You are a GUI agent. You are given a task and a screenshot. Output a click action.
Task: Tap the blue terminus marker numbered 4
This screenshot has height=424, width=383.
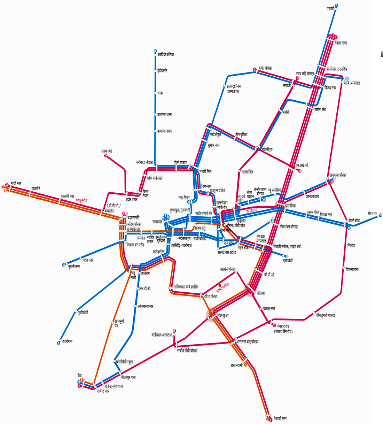pyautogui.click(x=337, y=6)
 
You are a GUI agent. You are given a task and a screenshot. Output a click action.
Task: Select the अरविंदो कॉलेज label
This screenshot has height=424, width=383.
pyautogui.click(x=165, y=55)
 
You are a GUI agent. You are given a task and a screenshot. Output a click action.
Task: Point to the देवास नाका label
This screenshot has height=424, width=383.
pyautogui.click(x=341, y=43)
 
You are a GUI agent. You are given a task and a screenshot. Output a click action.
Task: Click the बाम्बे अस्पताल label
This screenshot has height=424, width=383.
pyautogui.click(x=352, y=83)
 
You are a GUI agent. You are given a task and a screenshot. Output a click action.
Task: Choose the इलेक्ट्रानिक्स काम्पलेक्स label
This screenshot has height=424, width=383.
pyautogui.click(x=234, y=88)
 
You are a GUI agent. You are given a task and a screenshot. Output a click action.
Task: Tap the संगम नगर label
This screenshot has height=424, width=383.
pyautogui.click(x=107, y=151)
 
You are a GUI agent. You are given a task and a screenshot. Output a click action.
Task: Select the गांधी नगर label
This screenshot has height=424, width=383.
pyautogui.click(x=16, y=183)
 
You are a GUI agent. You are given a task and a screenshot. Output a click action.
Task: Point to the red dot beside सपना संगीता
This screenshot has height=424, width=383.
pyautogui.click(x=220, y=285)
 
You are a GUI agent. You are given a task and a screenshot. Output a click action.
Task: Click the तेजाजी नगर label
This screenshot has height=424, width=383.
pyautogui.click(x=280, y=418)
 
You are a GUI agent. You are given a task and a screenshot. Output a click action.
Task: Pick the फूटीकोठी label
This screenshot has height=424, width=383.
pyautogui.click(x=83, y=313)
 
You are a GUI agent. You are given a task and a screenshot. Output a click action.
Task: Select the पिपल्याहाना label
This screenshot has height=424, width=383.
pyautogui.click(x=352, y=270)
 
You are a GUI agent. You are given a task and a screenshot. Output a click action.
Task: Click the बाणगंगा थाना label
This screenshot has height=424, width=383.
pyautogui.click(x=164, y=115)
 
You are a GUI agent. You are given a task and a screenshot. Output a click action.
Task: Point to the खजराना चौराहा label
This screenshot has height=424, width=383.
pyautogui.click(x=338, y=175)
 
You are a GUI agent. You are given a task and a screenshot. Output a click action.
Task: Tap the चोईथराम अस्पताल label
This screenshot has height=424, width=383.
pyautogui.click(x=162, y=335)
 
